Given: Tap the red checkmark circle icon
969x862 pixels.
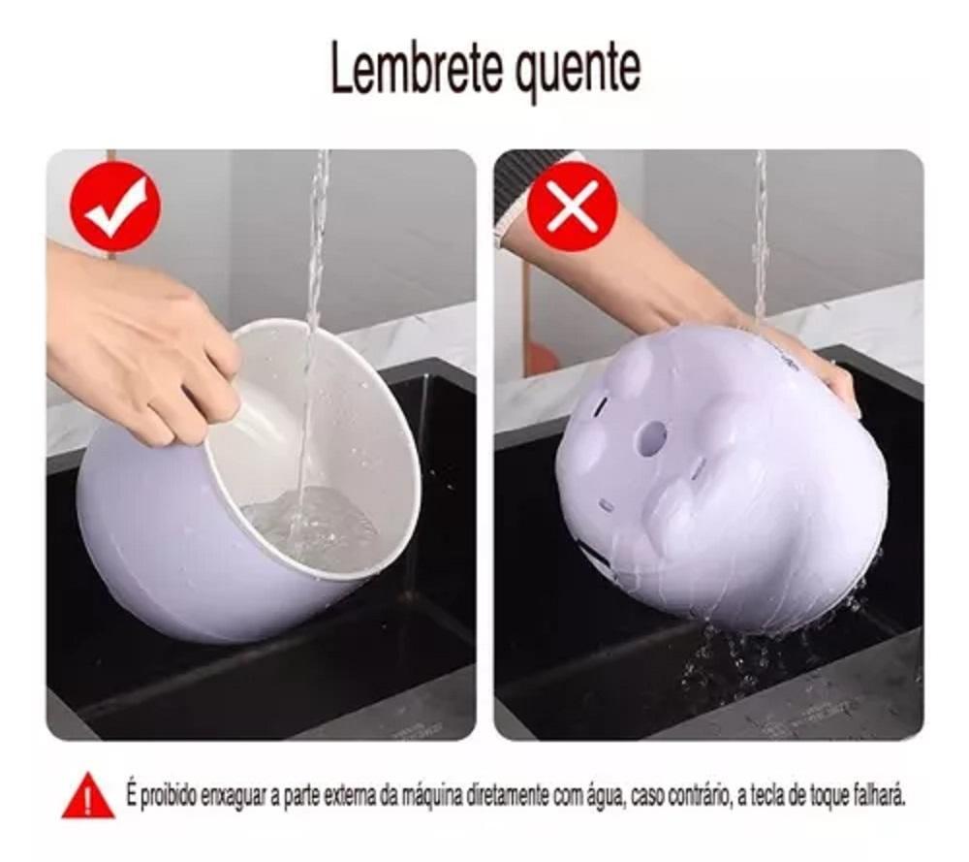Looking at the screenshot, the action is (x=115, y=207).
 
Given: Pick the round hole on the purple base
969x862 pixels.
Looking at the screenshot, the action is (x=654, y=435).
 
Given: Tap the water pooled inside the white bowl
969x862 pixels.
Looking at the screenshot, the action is (x=309, y=526).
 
